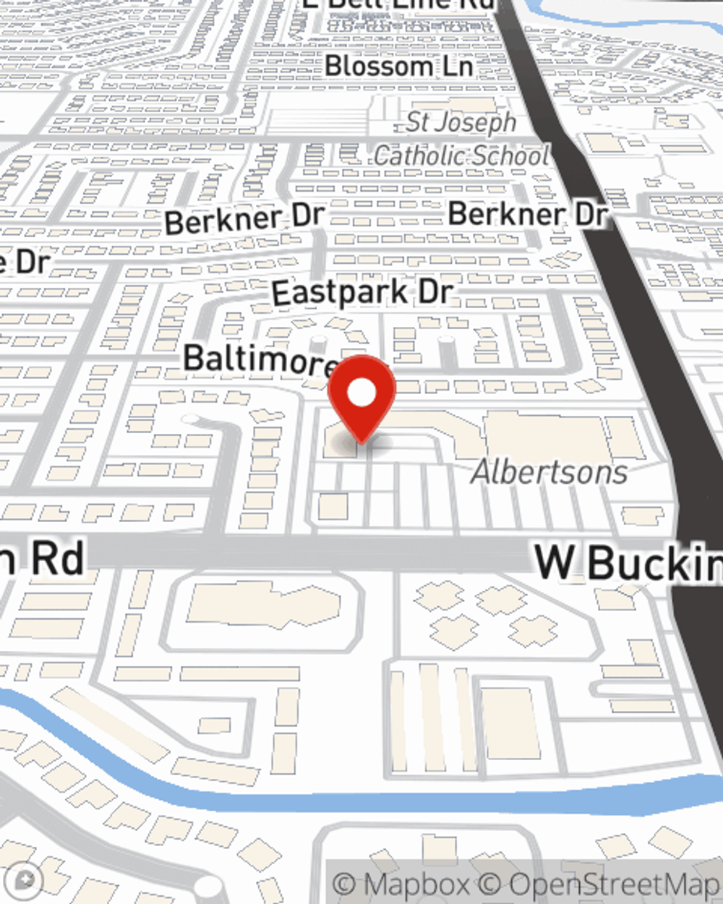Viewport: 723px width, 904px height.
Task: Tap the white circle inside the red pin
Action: [x=361, y=393]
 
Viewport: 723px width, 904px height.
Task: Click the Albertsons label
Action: [x=549, y=472]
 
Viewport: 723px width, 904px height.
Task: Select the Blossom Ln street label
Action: [x=398, y=67]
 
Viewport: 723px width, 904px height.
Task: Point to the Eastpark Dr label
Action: [x=362, y=293]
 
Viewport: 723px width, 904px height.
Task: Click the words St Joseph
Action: [x=461, y=122]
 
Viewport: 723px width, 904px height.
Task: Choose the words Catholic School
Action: [x=461, y=155]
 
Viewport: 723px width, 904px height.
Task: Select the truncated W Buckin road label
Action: [x=628, y=563]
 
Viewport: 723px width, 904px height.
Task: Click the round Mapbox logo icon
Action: [x=27, y=880]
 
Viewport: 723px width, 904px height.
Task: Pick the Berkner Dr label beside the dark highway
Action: [x=527, y=214]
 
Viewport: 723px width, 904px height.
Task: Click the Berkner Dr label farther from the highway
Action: [x=244, y=219]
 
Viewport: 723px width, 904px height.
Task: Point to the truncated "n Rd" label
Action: [x=43, y=558]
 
